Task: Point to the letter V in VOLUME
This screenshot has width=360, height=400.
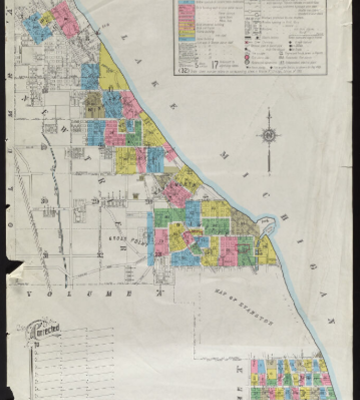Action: pos(29,293)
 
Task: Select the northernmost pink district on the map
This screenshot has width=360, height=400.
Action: pos(64,19)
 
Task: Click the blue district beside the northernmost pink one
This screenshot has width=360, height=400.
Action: pos(36,28)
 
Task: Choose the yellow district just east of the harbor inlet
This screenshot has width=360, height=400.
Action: pos(267,250)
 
